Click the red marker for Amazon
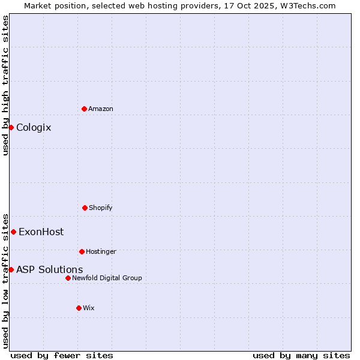click(x=84, y=109)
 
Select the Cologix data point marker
click(x=11, y=127)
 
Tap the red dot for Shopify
click(x=85, y=208)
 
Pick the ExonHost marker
click(x=13, y=232)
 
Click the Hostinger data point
click(x=82, y=251)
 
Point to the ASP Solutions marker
click(x=11, y=269)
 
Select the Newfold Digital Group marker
click(x=68, y=278)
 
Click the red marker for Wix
click(x=79, y=308)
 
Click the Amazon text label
click(x=101, y=109)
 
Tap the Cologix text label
click(x=34, y=127)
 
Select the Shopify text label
click(x=101, y=208)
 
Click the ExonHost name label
click(x=41, y=232)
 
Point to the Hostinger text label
click(x=101, y=251)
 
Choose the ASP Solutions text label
click(x=49, y=269)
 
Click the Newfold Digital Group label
click(x=107, y=278)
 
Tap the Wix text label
click(x=89, y=308)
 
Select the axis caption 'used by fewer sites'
click(x=62, y=355)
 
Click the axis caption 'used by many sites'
click(x=301, y=355)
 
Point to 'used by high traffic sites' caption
click(x=5, y=85)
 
